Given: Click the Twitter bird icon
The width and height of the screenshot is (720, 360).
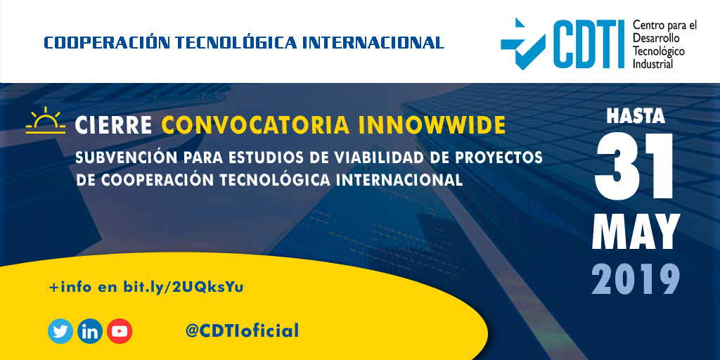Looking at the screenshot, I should [x=60, y=330].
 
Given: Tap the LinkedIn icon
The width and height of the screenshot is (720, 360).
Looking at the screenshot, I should [x=90, y=330].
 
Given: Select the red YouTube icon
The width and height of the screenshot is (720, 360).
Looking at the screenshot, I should [x=120, y=330].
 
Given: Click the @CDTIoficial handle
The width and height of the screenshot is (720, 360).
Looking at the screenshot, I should [x=242, y=330].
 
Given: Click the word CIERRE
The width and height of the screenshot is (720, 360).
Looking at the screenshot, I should [x=113, y=125].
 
